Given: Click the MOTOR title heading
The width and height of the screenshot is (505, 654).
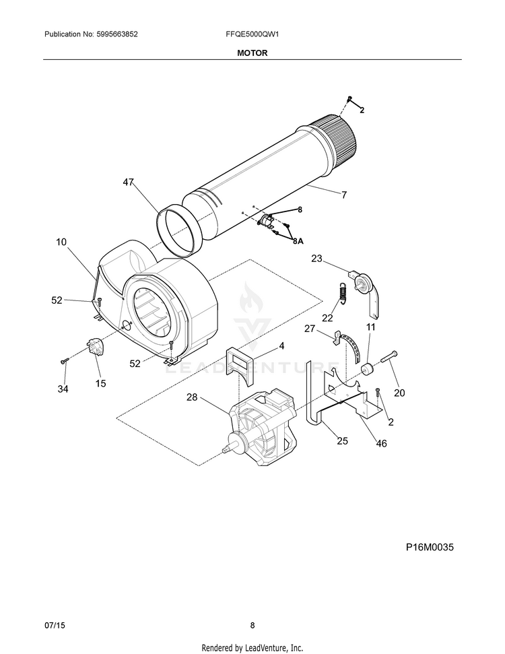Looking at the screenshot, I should point(252,53).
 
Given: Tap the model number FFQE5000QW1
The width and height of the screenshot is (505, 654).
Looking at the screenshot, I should point(252,34).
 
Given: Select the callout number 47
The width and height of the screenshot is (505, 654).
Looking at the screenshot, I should point(129,182).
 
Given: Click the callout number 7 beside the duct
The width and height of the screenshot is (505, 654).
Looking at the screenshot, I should point(343,195).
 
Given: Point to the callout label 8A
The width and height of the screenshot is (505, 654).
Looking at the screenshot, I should point(297,240).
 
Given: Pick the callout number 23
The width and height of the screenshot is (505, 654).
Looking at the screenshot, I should point(316,258).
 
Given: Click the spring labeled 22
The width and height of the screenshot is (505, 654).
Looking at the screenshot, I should point(342,294).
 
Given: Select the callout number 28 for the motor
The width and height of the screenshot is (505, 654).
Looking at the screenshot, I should point(192,397).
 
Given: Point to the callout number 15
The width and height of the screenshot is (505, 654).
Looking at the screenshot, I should point(100,383).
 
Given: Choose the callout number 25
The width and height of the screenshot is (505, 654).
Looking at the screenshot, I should point(342,441).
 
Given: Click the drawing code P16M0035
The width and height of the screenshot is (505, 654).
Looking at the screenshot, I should point(430,547).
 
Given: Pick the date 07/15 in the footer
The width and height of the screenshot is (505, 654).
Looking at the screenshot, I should point(53,625).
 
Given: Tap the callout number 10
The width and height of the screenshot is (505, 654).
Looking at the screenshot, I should point(61,241).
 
